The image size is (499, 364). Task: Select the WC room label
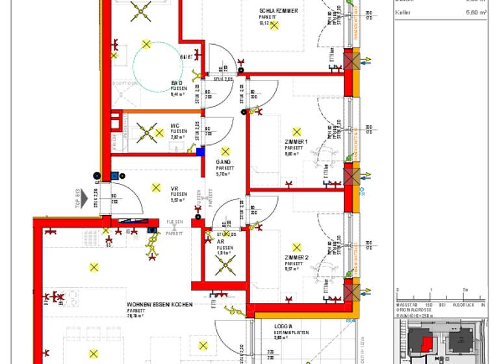[175, 126]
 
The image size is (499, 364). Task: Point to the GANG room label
[224, 162]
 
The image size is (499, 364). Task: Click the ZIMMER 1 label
[296, 142]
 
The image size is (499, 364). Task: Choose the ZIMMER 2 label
[296, 258]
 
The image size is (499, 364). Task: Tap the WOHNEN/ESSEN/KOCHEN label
[159, 304]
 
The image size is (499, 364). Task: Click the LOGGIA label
[284, 327]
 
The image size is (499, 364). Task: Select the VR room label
[175, 188]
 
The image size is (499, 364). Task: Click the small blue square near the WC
[200, 152]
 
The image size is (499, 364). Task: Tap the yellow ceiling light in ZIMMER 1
[297, 131]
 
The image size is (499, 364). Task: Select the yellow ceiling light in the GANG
[225, 151]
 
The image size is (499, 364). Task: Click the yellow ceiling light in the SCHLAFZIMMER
[274, 25]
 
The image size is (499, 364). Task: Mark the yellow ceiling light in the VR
[156, 187]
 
